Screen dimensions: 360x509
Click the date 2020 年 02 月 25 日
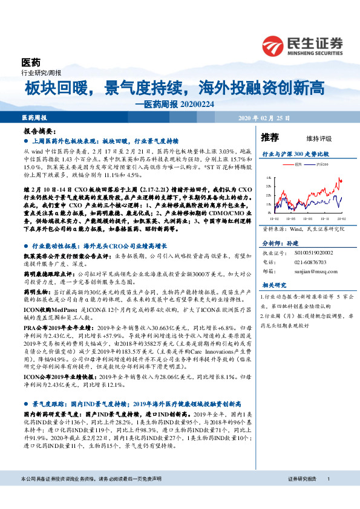[x=264, y=117]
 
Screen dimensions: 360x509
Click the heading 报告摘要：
[x=39, y=131]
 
